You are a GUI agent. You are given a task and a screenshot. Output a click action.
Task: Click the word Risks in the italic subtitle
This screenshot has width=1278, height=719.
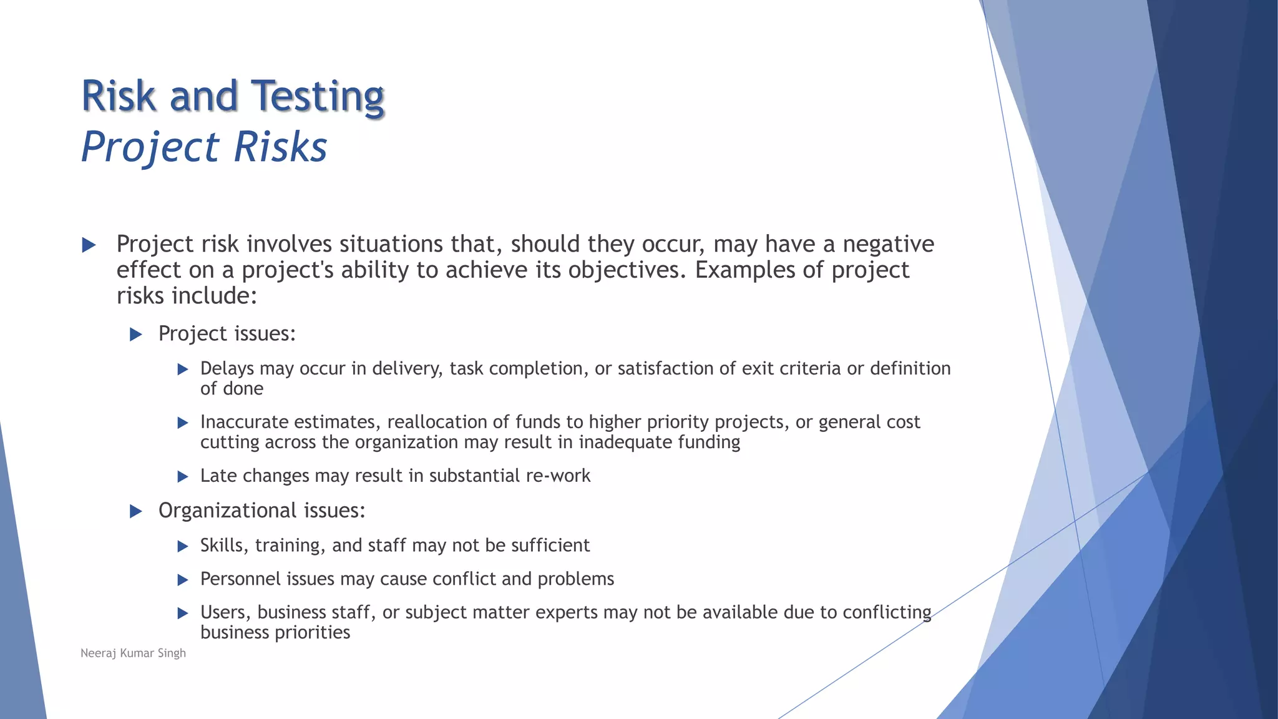click(280, 148)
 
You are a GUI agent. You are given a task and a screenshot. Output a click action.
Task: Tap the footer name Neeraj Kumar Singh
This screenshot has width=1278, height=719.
click(133, 653)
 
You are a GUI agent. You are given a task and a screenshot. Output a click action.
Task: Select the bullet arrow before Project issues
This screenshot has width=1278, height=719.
click(135, 335)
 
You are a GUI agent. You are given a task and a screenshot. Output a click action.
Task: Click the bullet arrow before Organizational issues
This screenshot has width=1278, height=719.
click(135, 512)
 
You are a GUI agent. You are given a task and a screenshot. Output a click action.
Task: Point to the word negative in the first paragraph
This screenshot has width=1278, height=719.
click(888, 244)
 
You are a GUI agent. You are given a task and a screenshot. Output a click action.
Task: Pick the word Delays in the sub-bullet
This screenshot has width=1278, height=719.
click(227, 368)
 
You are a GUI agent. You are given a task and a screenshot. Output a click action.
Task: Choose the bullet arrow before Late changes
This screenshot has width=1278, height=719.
click(183, 477)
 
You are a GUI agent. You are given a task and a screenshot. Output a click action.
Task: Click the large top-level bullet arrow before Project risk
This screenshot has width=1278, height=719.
click(89, 245)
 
